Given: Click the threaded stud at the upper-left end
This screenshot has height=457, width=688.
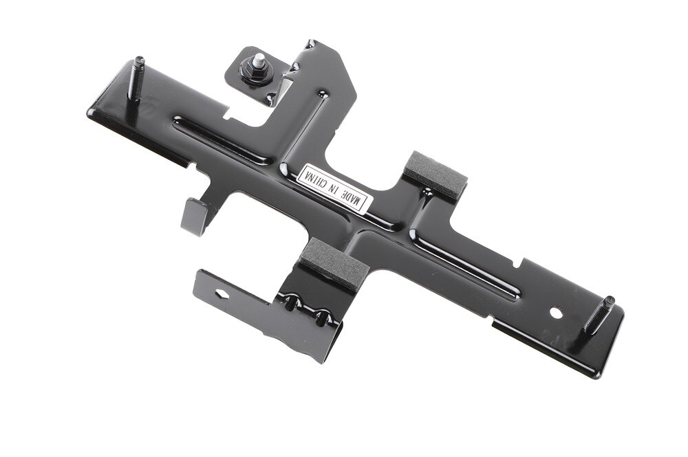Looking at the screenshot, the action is click(136, 81).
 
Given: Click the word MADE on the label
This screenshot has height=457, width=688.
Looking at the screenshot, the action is click(352, 197).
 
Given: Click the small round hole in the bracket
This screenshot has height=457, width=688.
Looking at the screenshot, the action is click(556, 313).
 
